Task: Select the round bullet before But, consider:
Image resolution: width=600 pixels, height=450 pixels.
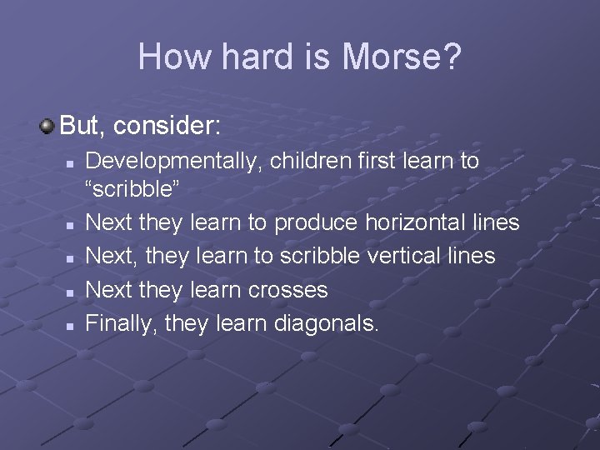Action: tap(47, 127)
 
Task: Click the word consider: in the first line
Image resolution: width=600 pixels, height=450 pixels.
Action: tap(167, 127)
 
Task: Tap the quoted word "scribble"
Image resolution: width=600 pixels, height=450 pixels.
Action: tap(132, 189)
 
